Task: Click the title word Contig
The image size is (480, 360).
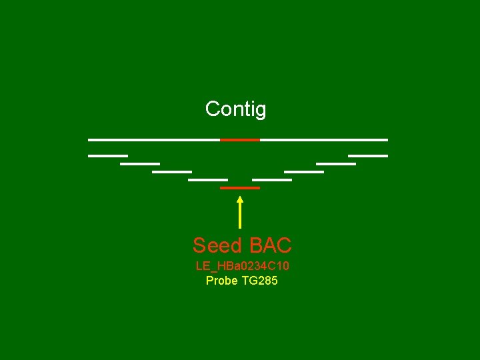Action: (235, 109)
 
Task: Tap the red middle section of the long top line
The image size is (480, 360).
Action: (240, 139)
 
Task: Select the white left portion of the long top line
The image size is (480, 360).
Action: (154, 139)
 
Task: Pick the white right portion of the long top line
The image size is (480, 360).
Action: (323, 139)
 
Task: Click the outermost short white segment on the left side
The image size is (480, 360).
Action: (107, 155)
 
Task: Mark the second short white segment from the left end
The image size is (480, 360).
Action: (140, 163)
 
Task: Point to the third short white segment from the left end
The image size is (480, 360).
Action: (172, 171)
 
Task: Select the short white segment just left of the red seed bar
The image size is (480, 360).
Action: (208, 179)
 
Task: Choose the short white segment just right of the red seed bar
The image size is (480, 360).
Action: (272, 179)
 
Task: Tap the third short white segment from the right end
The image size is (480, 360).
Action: (304, 171)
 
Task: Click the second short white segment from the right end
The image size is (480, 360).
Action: (336, 163)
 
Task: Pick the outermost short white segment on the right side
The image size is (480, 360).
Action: (368, 155)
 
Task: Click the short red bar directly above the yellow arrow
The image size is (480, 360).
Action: (240, 188)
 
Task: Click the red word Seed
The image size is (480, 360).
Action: (217, 245)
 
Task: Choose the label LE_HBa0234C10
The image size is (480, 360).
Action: (242, 266)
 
